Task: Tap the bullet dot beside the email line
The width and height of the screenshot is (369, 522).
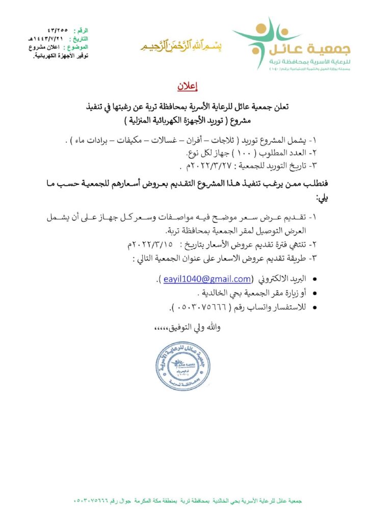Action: click(313, 279)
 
